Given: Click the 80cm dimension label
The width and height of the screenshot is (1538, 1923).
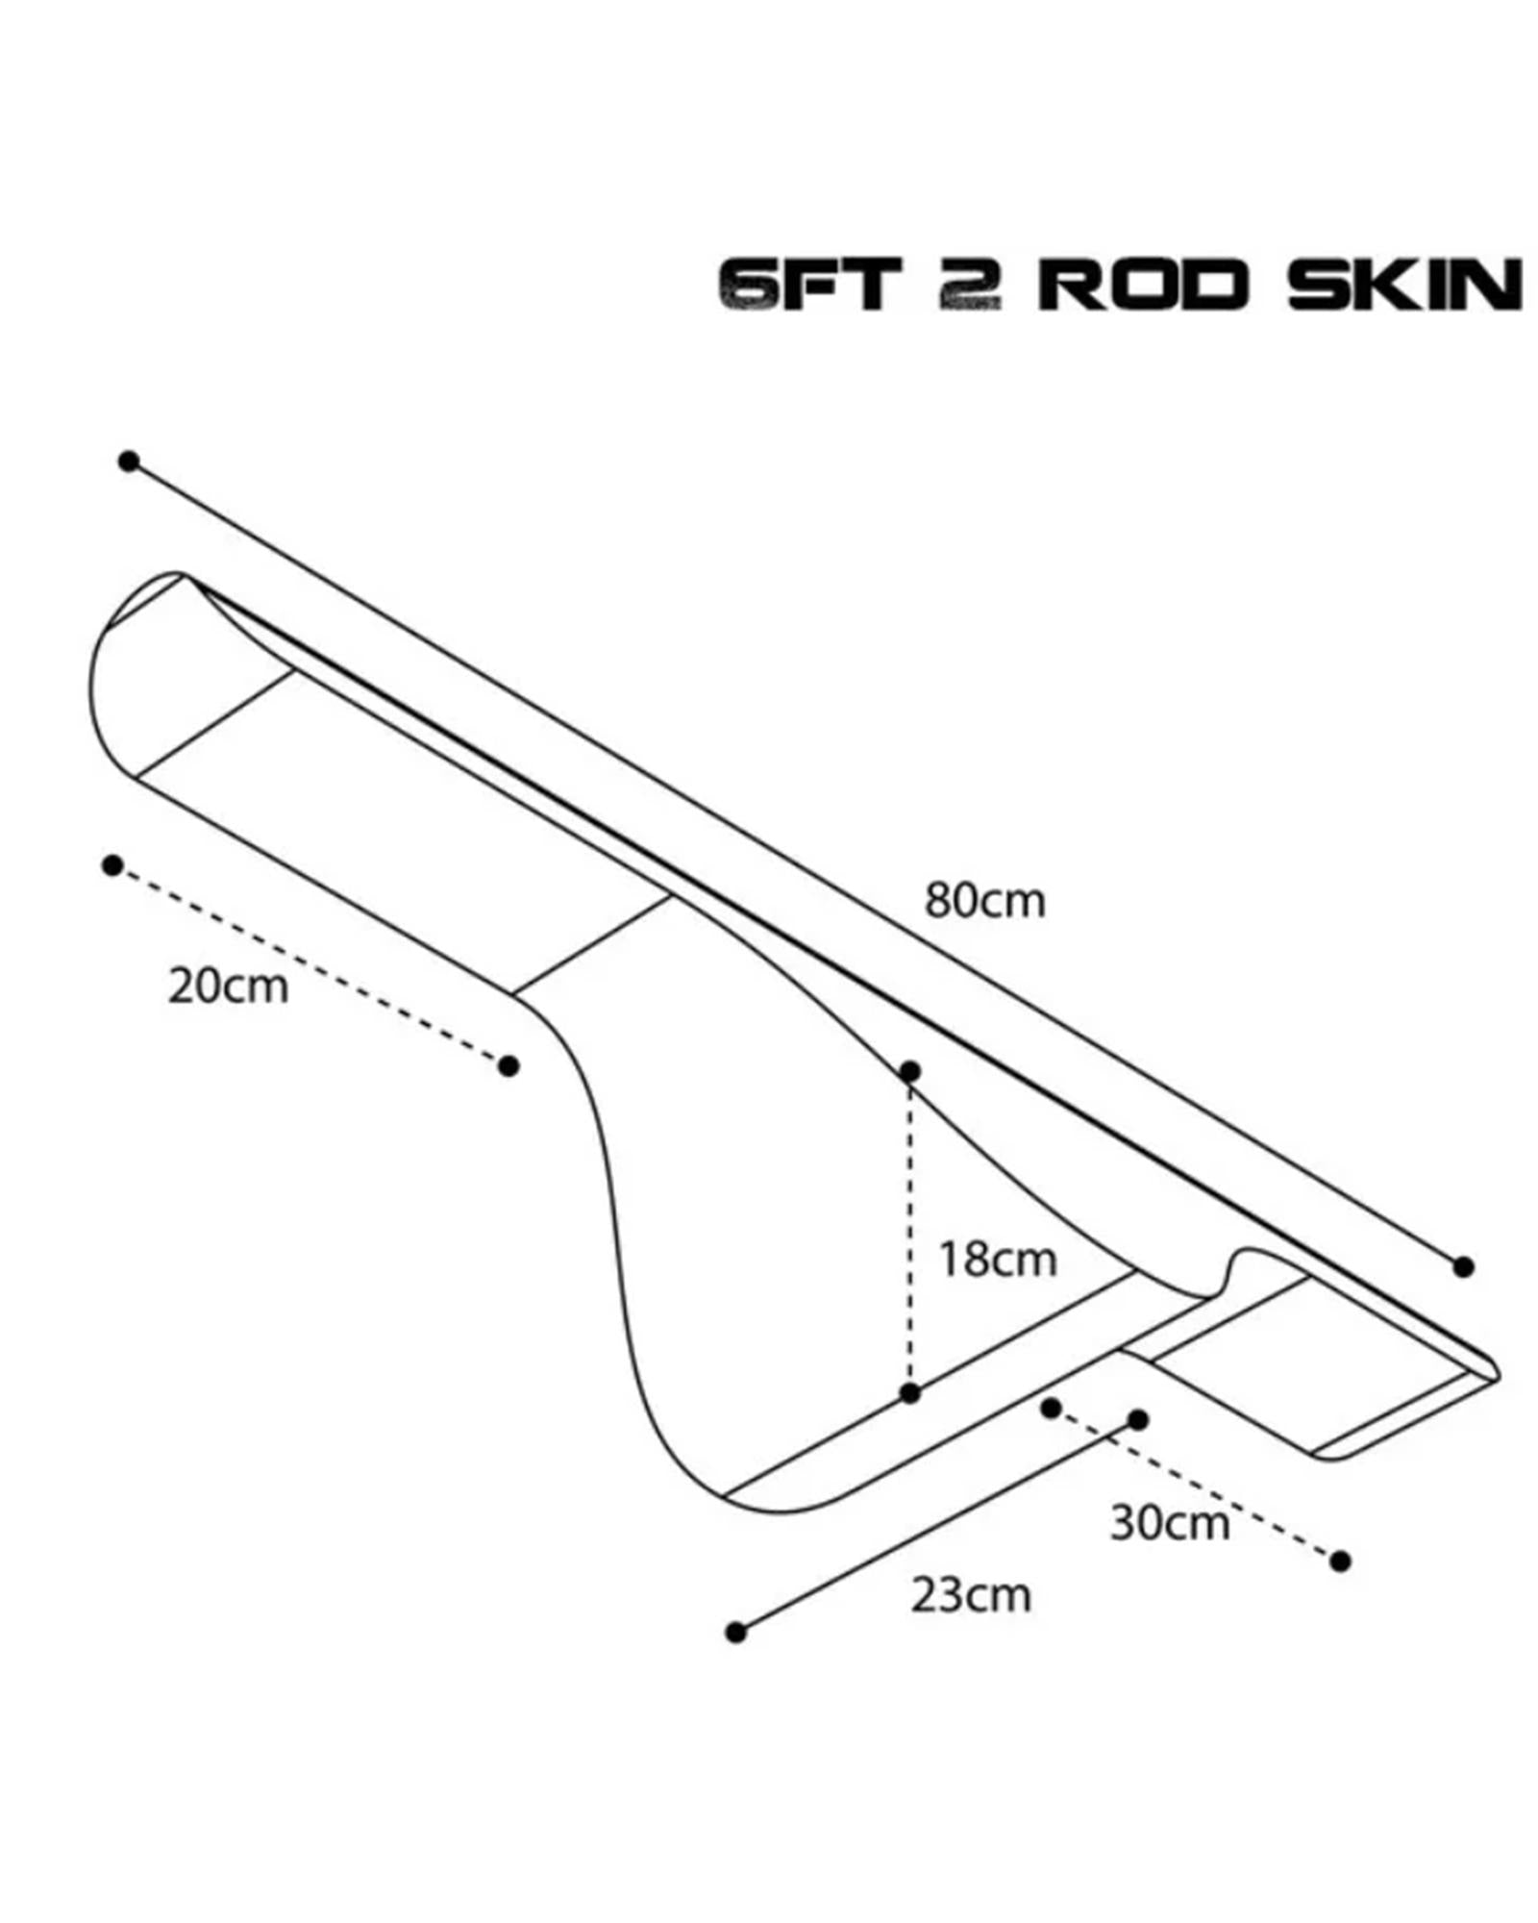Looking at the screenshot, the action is (x=984, y=901).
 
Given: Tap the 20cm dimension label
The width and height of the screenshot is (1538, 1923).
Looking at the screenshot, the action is (x=228, y=986).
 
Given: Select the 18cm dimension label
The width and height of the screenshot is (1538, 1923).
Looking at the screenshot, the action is (x=997, y=1260).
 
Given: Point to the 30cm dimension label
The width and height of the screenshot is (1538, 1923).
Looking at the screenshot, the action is (x=1170, y=1523).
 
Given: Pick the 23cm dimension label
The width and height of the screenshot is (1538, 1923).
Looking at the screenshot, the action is (x=971, y=1595).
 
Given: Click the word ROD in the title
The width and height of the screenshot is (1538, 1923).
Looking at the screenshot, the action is (x=1143, y=285).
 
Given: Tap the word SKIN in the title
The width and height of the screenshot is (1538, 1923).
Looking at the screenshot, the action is (x=1405, y=285).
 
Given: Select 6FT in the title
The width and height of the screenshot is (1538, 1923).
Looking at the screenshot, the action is (x=809, y=285).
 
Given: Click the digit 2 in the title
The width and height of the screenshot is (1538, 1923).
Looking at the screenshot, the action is (x=970, y=285).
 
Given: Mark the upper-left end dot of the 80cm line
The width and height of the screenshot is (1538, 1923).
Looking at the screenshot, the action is (x=129, y=462).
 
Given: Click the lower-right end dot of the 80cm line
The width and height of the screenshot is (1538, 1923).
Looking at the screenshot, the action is (x=1463, y=1267).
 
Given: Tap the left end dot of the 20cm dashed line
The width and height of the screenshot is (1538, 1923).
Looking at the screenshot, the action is (x=112, y=865).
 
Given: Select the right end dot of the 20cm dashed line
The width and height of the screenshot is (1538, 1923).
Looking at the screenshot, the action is (x=509, y=1065).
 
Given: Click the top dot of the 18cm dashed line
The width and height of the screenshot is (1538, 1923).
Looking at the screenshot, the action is (x=910, y=1071).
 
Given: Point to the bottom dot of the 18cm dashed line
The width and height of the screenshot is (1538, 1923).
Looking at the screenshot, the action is (x=910, y=1393).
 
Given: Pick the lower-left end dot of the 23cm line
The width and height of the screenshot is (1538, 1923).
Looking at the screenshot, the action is (x=736, y=1632).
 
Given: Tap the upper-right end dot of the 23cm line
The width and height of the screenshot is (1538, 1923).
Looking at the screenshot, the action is (x=1138, y=1420).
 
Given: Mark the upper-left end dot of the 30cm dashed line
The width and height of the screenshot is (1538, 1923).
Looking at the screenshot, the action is (x=1052, y=1409).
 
